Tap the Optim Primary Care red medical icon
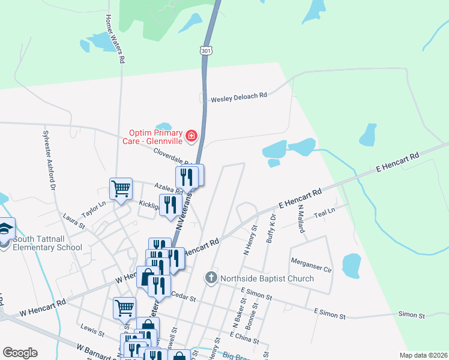(191, 137)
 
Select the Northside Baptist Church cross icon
(211, 278)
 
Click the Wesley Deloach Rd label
(238, 100)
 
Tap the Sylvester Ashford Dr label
(49, 159)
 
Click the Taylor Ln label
(94, 208)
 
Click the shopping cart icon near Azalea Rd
(121, 189)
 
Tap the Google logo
(20, 353)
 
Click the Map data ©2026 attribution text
(423, 355)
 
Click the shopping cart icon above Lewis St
(124, 307)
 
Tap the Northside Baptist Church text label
(267, 278)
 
